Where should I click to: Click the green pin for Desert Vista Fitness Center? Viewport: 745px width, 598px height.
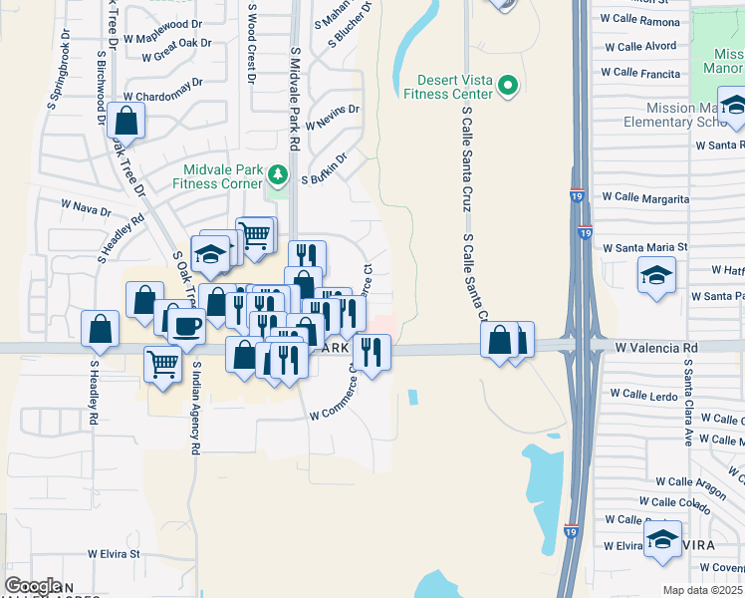tap(509, 85)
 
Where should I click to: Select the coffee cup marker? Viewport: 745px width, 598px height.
tap(185, 325)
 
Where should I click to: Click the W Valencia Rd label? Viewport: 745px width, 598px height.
tap(656, 348)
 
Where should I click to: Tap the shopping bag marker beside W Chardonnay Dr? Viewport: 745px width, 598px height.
tap(126, 123)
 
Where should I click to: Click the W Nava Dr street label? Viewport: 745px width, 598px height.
tap(86, 208)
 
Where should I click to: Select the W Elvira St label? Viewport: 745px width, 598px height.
tap(114, 553)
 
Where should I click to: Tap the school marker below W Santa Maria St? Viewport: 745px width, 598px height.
tap(656, 275)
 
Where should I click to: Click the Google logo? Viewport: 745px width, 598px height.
tap(33, 586)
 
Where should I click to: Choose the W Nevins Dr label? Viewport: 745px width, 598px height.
tap(332, 118)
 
